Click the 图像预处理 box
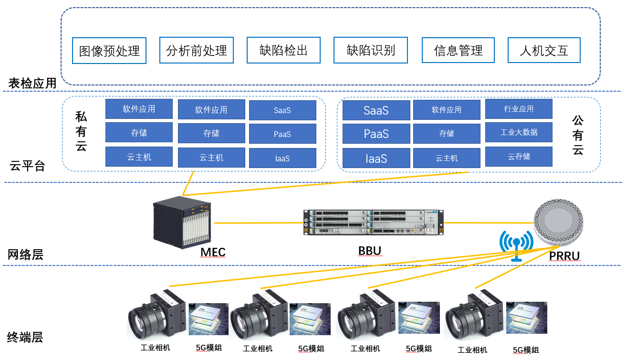[109, 51]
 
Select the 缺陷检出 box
[283, 50]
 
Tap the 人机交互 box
[544, 50]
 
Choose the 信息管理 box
[458, 50]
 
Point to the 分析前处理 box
[197, 50]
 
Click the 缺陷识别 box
[371, 50]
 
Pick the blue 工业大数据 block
[519, 132]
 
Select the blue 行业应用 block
[519, 109]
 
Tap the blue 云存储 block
[519, 156]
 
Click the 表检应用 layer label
[32, 84]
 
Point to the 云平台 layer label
[27, 166]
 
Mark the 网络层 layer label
[26, 254]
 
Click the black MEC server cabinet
[182, 222]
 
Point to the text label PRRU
[564, 256]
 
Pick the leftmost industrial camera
[156, 317]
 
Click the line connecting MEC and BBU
[258, 223]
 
